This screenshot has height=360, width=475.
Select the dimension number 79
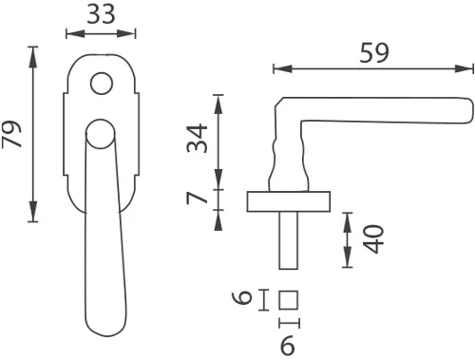[x=13, y=133]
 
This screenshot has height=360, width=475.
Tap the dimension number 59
[x=375, y=53]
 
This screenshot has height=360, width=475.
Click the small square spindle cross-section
[x=290, y=300]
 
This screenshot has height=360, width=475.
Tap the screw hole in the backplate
[x=99, y=86]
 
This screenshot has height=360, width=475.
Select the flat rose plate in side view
[x=288, y=201]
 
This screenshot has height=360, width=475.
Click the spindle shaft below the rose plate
[x=289, y=240]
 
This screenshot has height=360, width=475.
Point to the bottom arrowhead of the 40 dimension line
[x=349, y=264]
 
